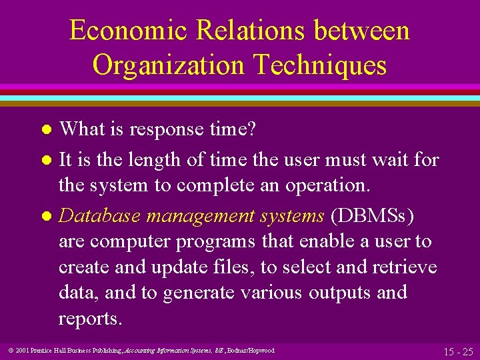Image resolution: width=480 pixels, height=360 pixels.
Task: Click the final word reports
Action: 90,319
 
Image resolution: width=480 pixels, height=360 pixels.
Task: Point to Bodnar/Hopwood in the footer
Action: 251,350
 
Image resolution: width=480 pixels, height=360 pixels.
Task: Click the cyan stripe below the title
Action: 240,98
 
